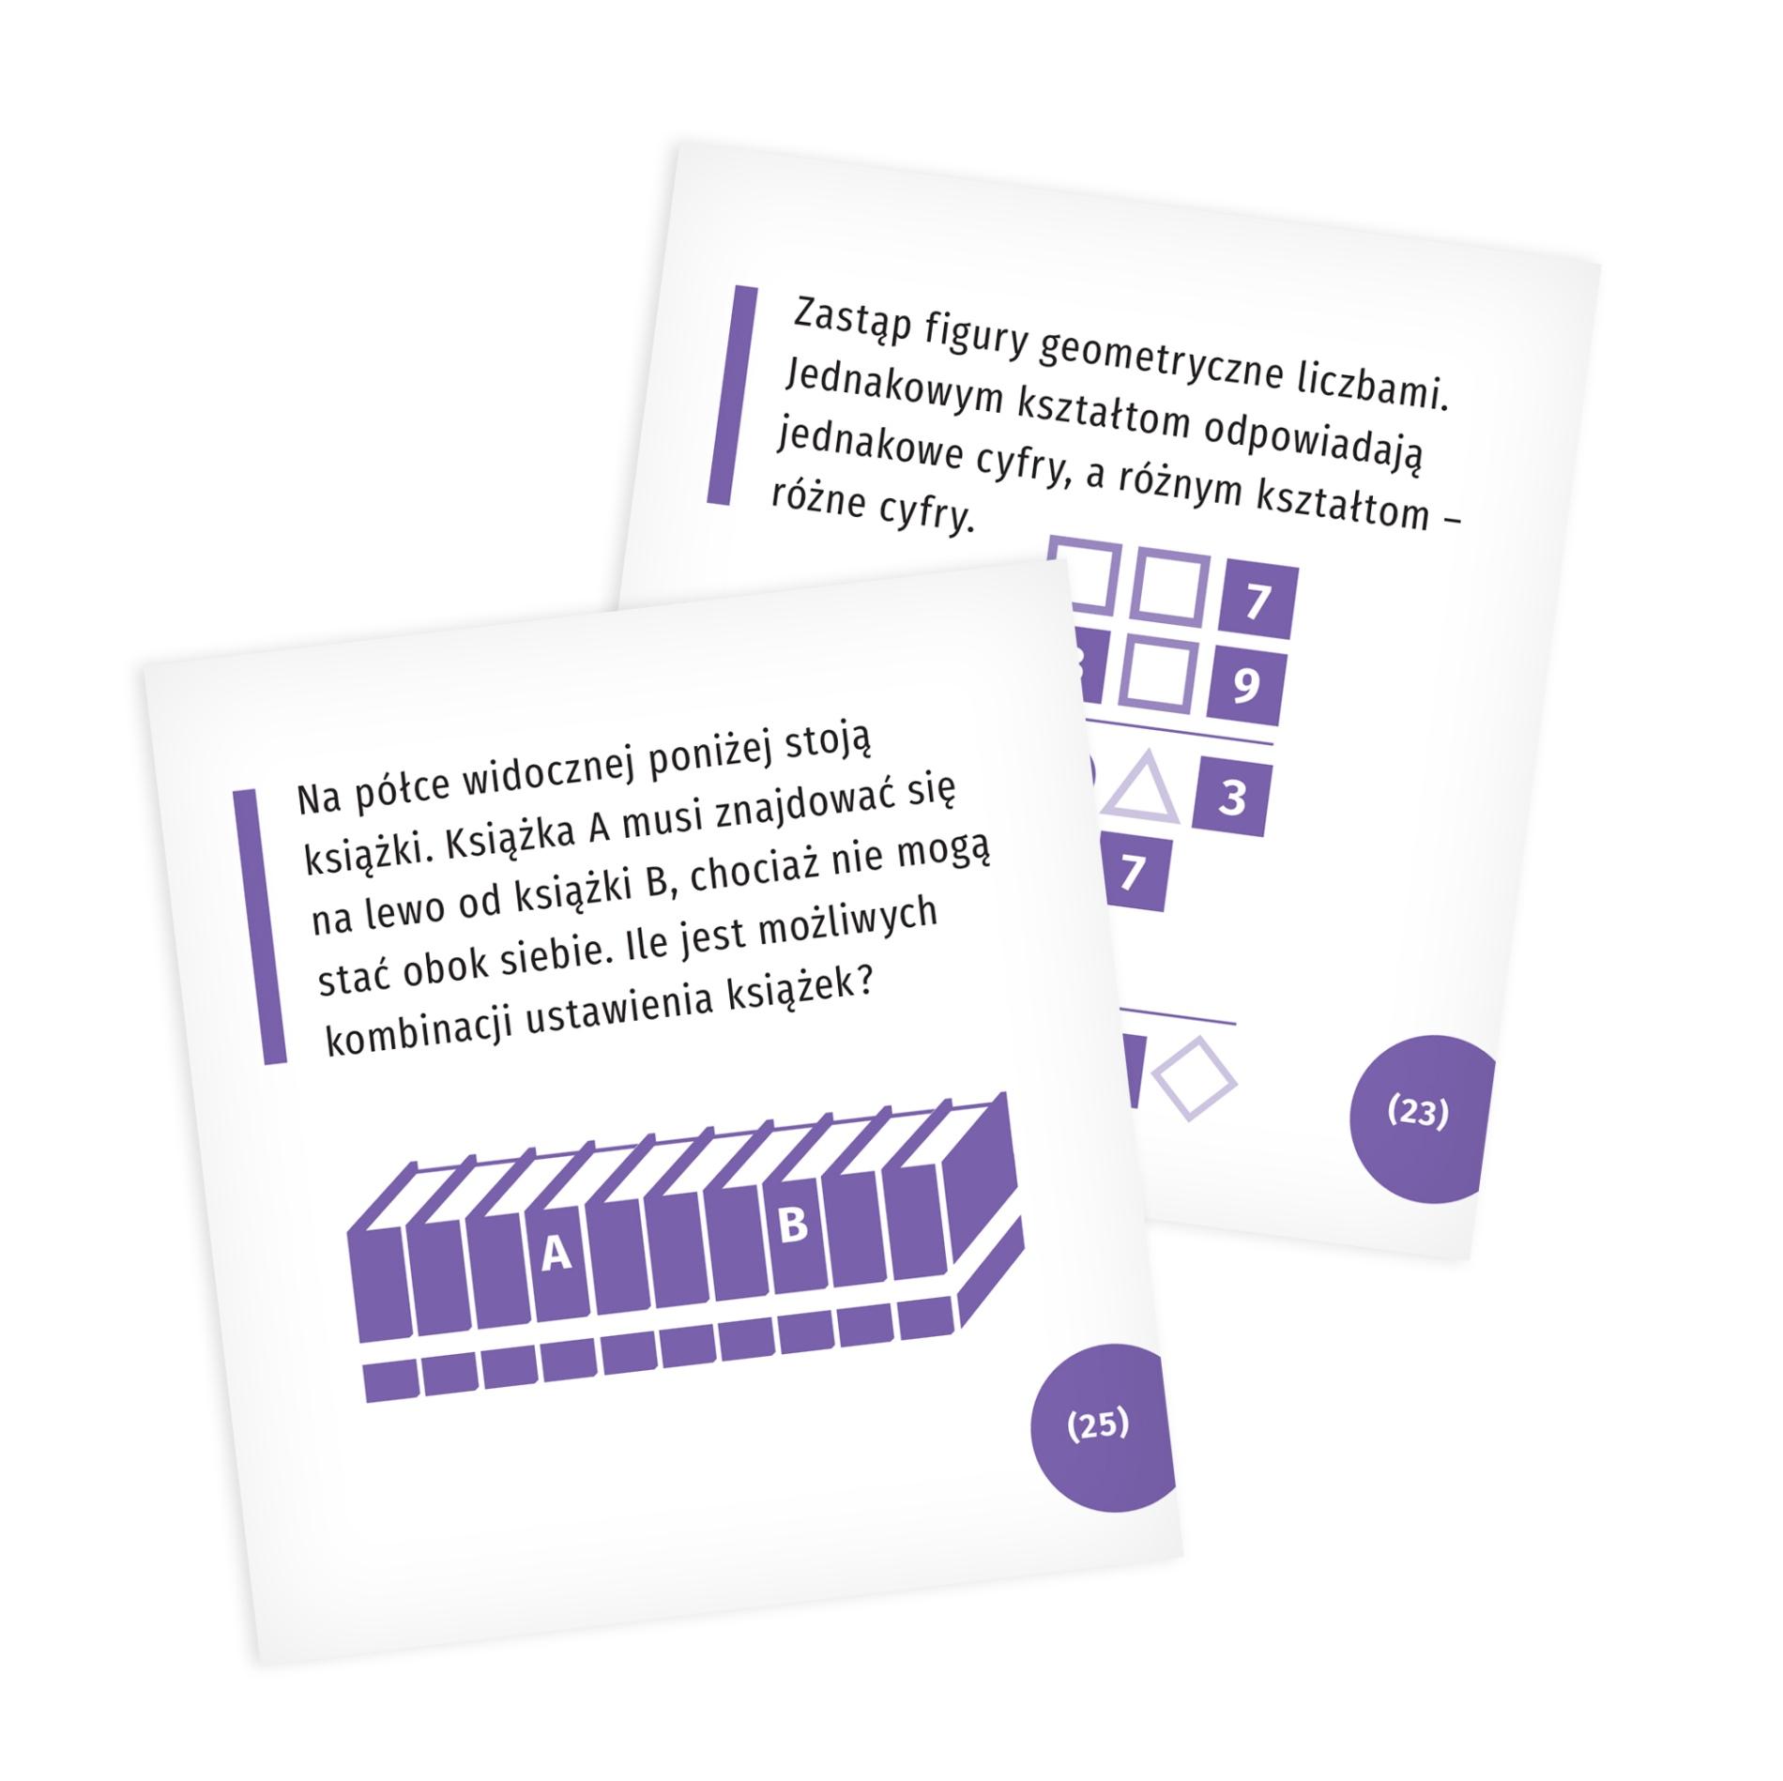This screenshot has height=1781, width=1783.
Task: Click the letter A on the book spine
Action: (x=556, y=1253)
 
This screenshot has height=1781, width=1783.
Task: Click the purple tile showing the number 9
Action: (x=1245, y=687)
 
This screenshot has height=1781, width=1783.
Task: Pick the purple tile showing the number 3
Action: (x=1232, y=799)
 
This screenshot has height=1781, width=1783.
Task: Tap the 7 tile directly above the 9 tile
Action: (x=1258, y=601)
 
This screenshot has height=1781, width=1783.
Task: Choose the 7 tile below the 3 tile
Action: (x=1134, y=873)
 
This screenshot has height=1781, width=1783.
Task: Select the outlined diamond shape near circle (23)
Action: (x=1194, y=1079)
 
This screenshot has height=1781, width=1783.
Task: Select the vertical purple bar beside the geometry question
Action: (x=732, y=395)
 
